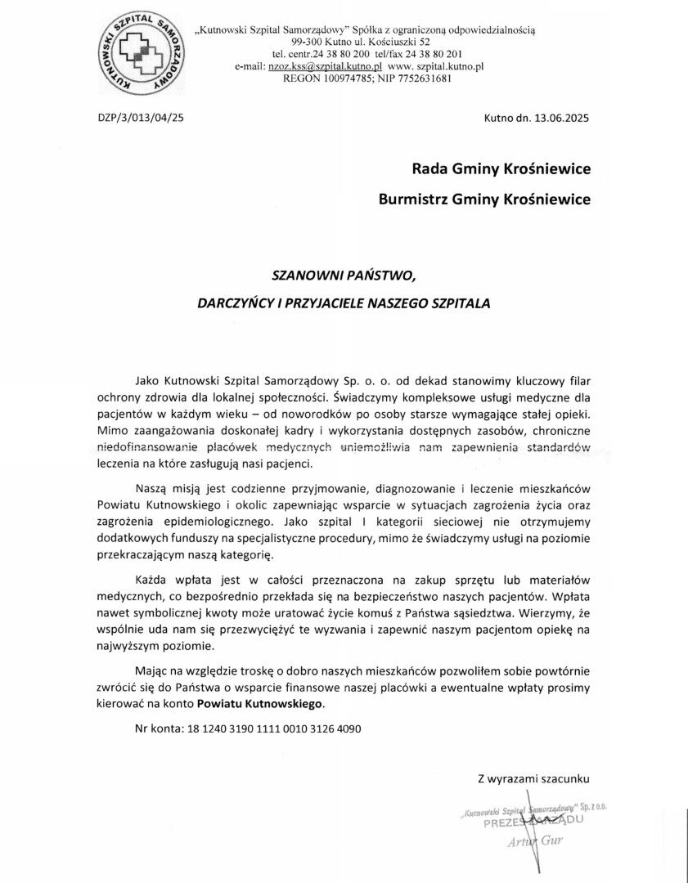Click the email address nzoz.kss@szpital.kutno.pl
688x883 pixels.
point(325,66)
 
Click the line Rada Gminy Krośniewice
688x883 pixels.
point(501,169)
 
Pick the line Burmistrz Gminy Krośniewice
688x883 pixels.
point(484,199)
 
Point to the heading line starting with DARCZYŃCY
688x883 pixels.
point(344,303)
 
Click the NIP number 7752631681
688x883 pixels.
point(423,78)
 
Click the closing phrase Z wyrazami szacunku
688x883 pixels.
point(533,778)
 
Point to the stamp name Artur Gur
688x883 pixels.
point(535,841)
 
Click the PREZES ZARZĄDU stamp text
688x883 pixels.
point(533,822)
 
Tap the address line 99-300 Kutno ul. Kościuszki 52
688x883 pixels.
point(366,42)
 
